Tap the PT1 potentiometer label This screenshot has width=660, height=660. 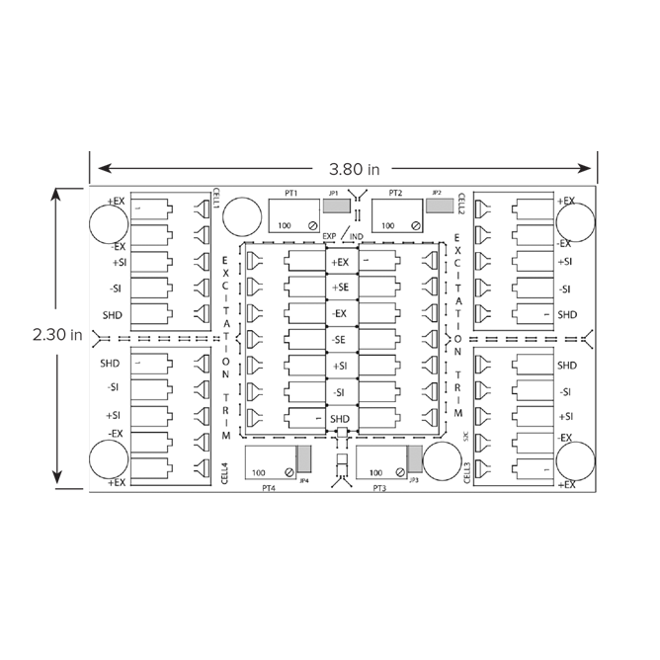coord(290,194)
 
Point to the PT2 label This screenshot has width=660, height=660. coord(395,194)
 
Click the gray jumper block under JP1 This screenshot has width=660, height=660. coord(336,207)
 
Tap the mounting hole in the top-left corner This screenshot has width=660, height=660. coord(109,225)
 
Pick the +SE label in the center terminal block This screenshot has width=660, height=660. coord(341,288)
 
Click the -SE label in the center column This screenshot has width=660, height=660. coord(341,340)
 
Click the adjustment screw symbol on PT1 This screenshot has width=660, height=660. coord(312,226)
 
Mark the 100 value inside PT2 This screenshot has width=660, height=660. coord(388,226)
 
